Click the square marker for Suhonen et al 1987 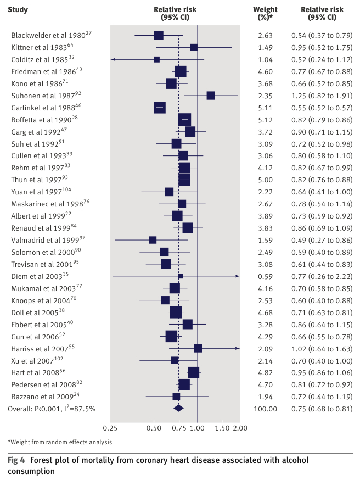pos(211,96)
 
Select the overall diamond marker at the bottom pos(178,408)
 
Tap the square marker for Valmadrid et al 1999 pos(153,240)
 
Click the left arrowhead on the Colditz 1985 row pos(113,59)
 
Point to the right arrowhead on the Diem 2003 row pos(238,276)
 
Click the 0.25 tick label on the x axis pos(110,427)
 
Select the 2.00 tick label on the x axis pos(232,427)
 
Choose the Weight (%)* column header pos(265,14)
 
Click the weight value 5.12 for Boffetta pos(265,120)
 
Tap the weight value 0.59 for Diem pos(265,276)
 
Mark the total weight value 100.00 pos(265,409)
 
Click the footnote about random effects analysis pos(59,442)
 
